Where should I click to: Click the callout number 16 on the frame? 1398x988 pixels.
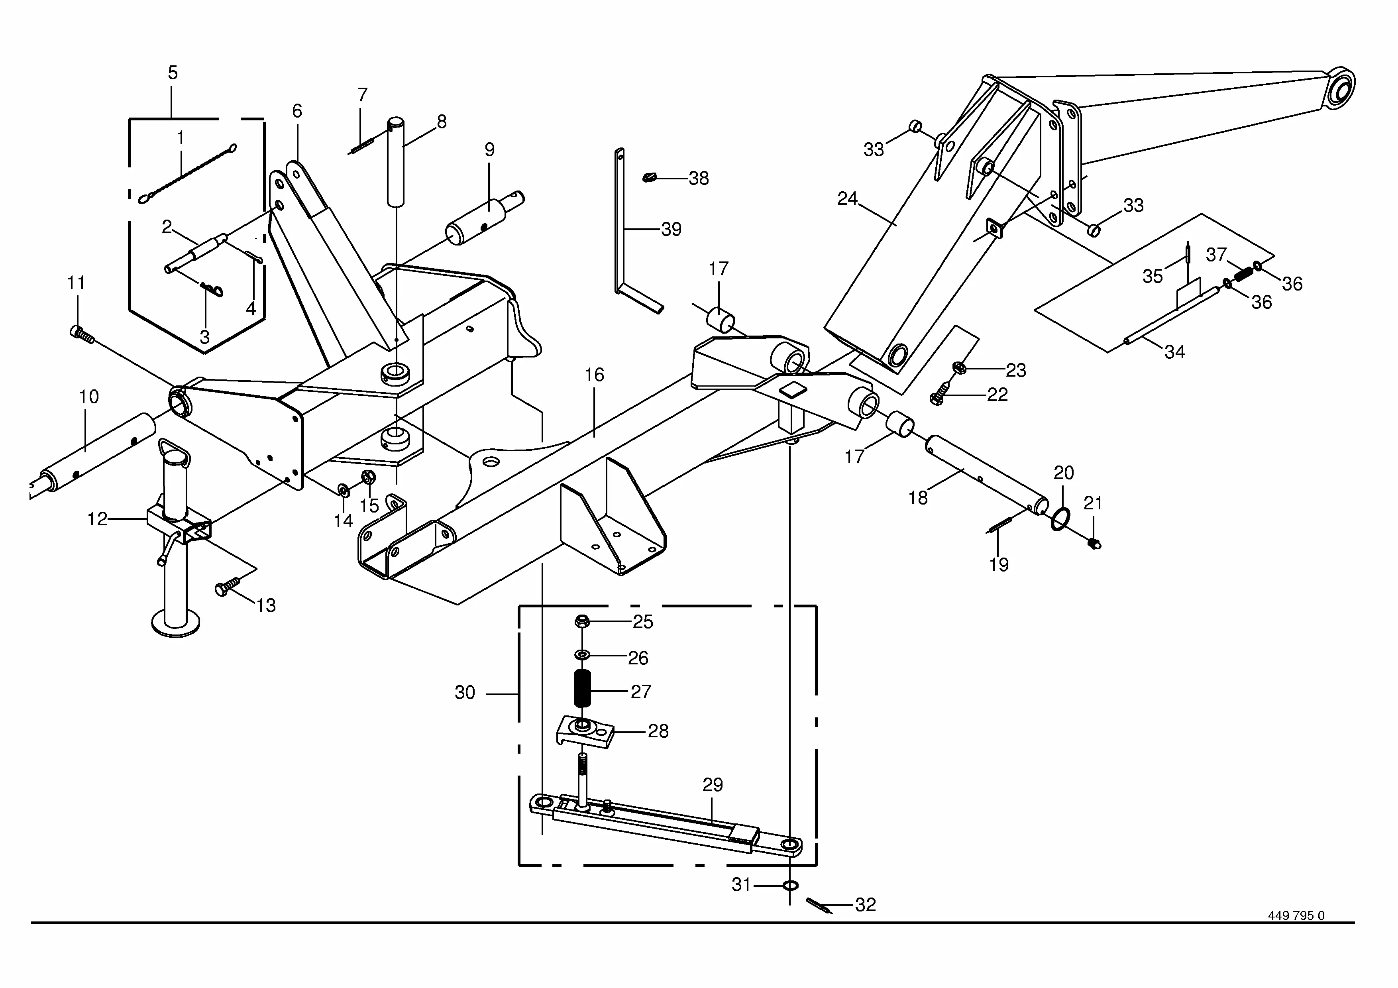point(594,375)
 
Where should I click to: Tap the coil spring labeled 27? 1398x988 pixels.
point(583,688)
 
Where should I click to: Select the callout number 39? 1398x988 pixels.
point(671,230)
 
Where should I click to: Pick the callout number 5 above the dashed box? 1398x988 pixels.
point(173,73)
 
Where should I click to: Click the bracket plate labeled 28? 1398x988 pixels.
point(585,731)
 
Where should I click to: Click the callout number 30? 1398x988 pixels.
point(465,693)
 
